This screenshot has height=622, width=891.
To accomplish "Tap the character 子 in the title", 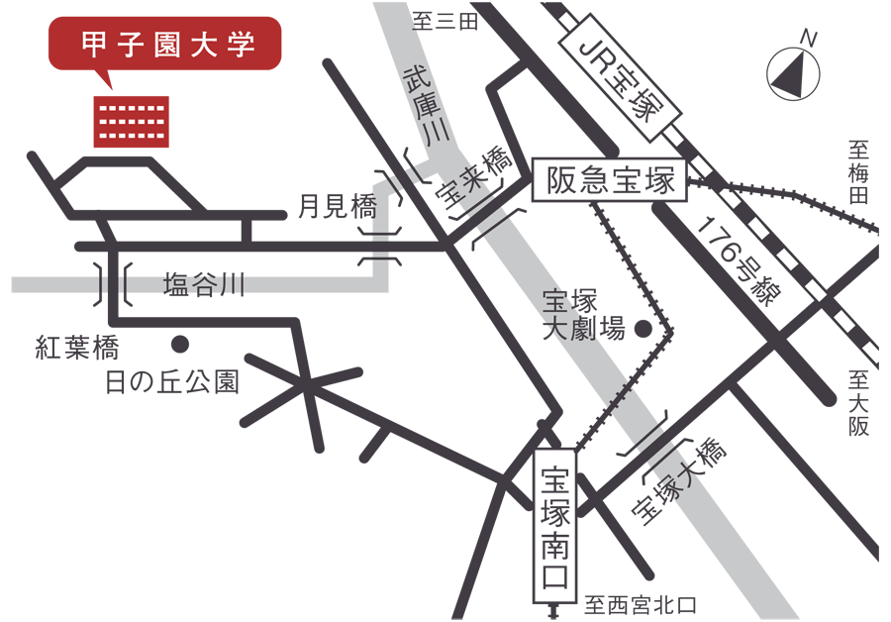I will click(129, 46).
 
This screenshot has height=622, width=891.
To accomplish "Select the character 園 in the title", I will click(166, 46).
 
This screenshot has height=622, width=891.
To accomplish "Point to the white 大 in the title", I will click(204, 46).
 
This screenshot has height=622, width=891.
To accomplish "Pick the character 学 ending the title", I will click(241, 46).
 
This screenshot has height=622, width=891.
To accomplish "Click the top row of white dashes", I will click(132, 108).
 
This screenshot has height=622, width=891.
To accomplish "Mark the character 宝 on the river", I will click(554, 299).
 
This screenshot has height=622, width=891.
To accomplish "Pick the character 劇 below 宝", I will click(580, 330).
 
